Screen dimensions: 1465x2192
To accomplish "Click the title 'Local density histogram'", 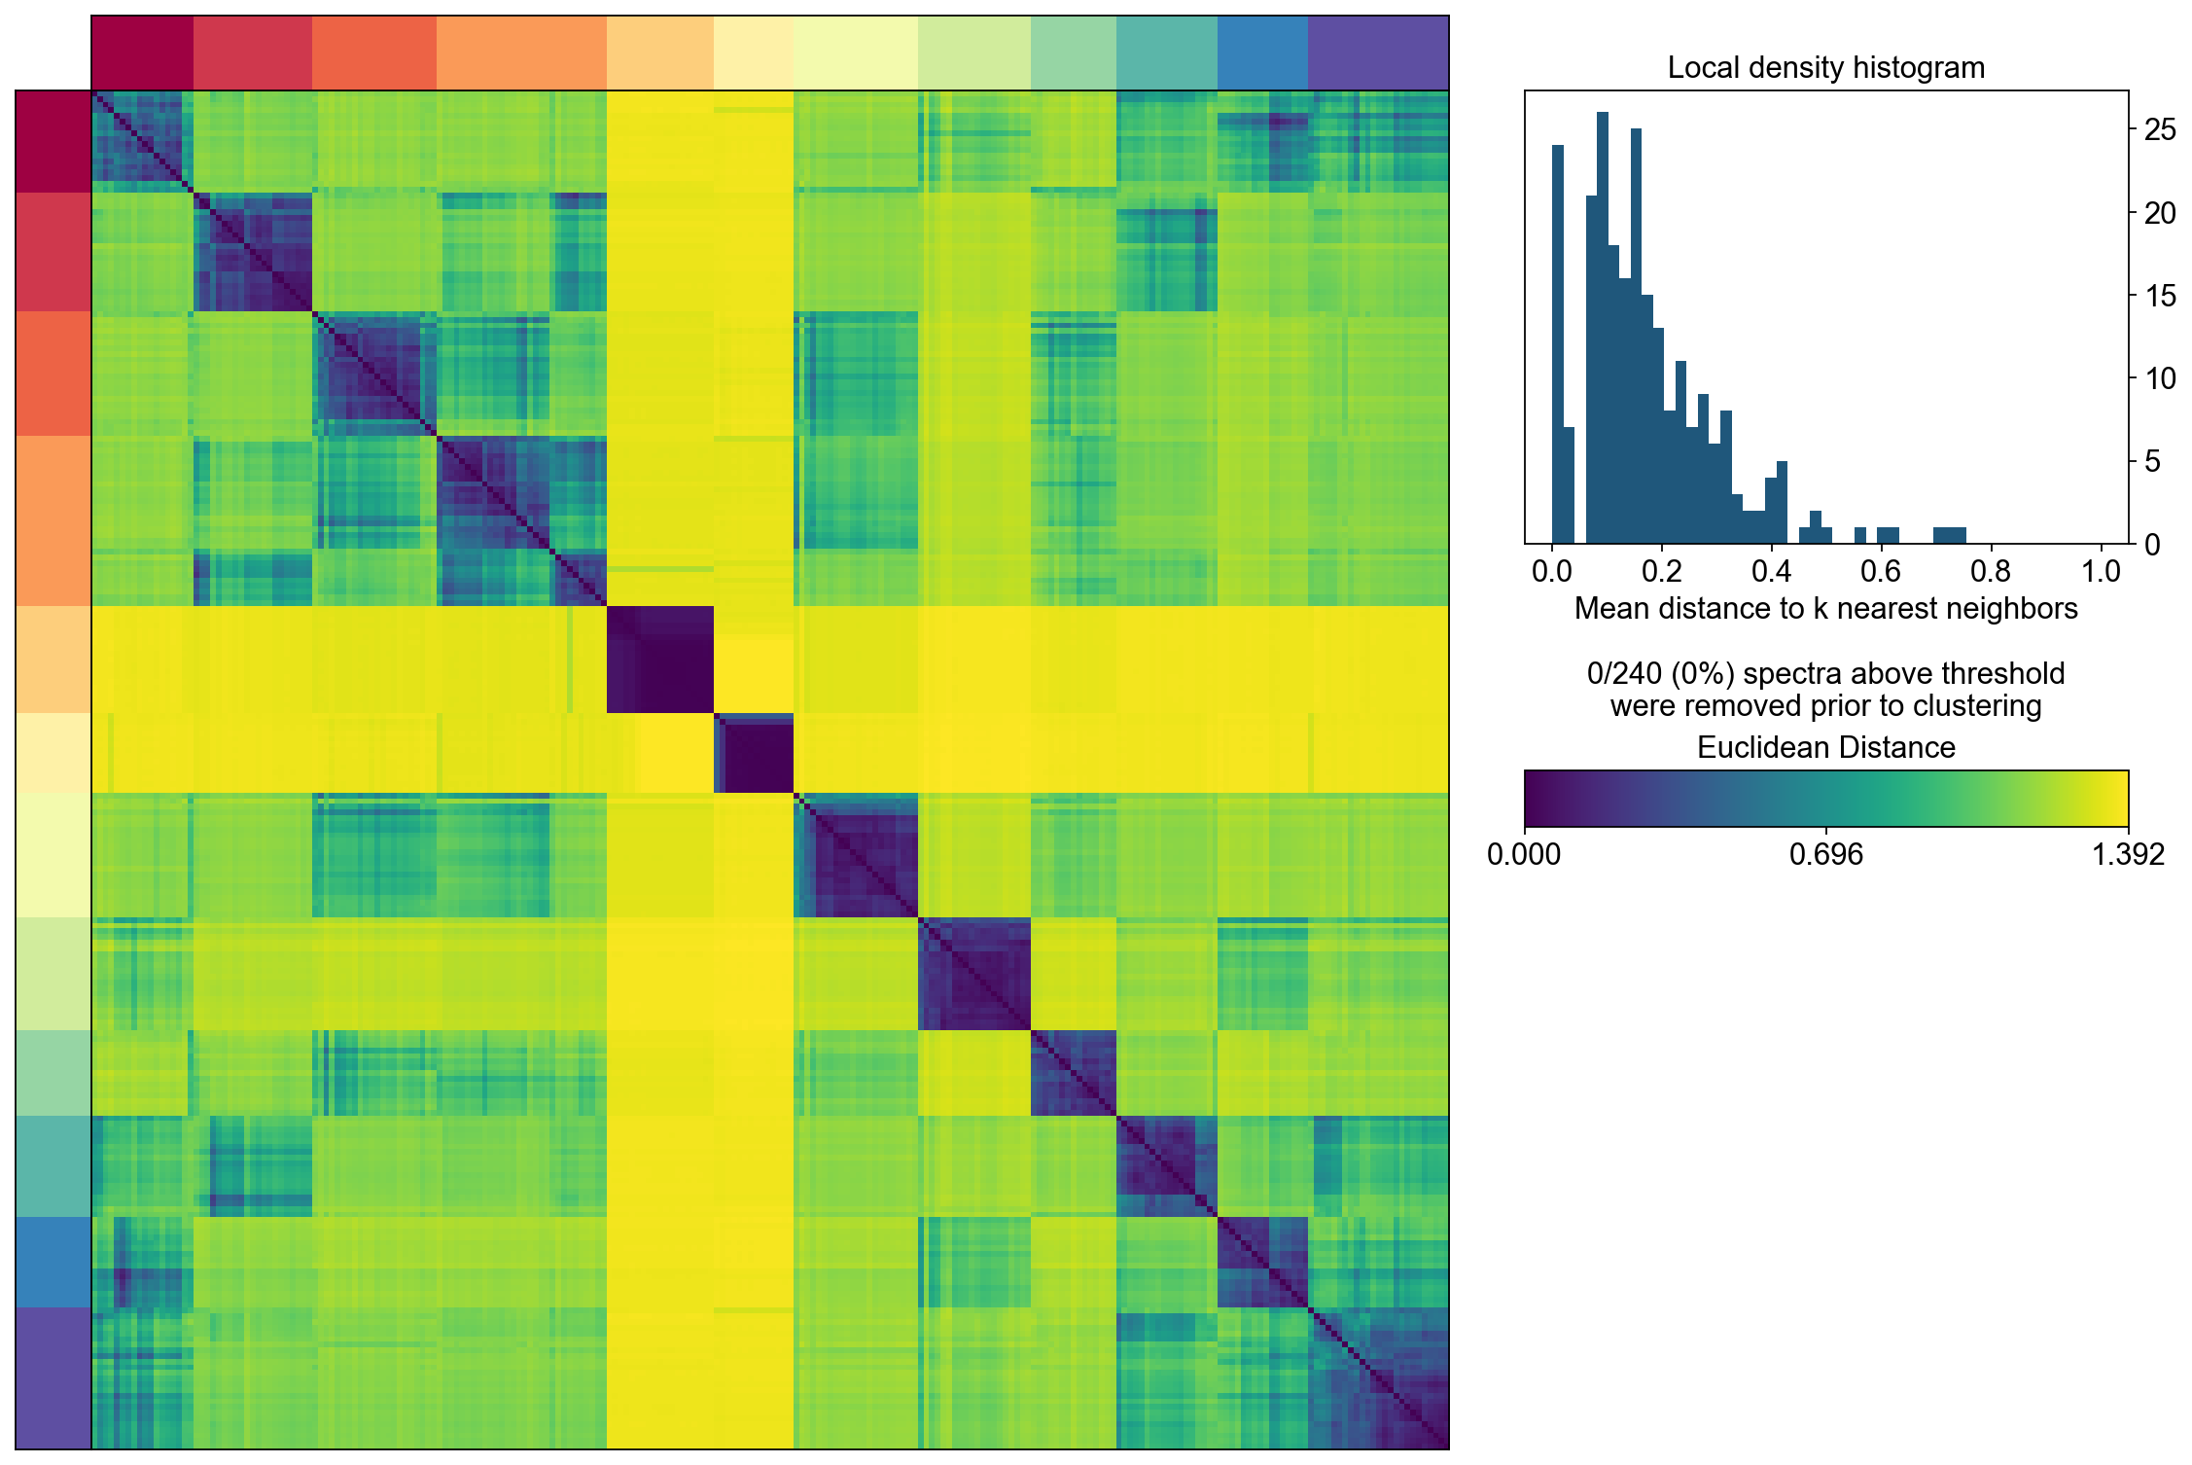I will point(1825,68).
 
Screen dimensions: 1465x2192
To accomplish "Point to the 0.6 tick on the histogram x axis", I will point(1881,570).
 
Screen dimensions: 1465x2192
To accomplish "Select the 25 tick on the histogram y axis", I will point(2160,129).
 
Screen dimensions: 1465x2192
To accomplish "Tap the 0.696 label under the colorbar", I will point(1825,854).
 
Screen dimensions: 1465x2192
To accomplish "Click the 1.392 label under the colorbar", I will point(2128,854).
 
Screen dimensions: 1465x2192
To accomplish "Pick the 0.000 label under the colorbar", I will point(1524,854).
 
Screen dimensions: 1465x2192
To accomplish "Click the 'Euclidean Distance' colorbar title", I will point(1825,747).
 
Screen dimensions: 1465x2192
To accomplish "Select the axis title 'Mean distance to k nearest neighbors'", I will point(1825,609).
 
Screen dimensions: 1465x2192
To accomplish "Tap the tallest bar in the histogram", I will point(1602,331).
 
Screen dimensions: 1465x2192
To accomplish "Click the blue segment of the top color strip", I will point(1262,54).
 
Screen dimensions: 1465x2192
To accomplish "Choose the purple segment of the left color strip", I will point(53,1377).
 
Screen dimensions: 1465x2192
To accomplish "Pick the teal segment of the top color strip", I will point(1166,54).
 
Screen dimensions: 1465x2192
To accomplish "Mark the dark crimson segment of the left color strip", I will point(53,142).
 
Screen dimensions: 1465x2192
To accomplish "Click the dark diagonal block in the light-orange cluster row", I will point(660,660).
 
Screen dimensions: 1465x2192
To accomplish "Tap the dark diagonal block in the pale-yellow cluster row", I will point(754,754).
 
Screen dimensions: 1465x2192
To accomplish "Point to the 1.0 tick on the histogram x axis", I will point(2101,570).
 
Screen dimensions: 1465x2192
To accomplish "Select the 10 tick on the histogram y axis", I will point(2160,378).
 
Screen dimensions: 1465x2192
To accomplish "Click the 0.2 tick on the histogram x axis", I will point(1662,570).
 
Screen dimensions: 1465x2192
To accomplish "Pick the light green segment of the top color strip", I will point(1073,54).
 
